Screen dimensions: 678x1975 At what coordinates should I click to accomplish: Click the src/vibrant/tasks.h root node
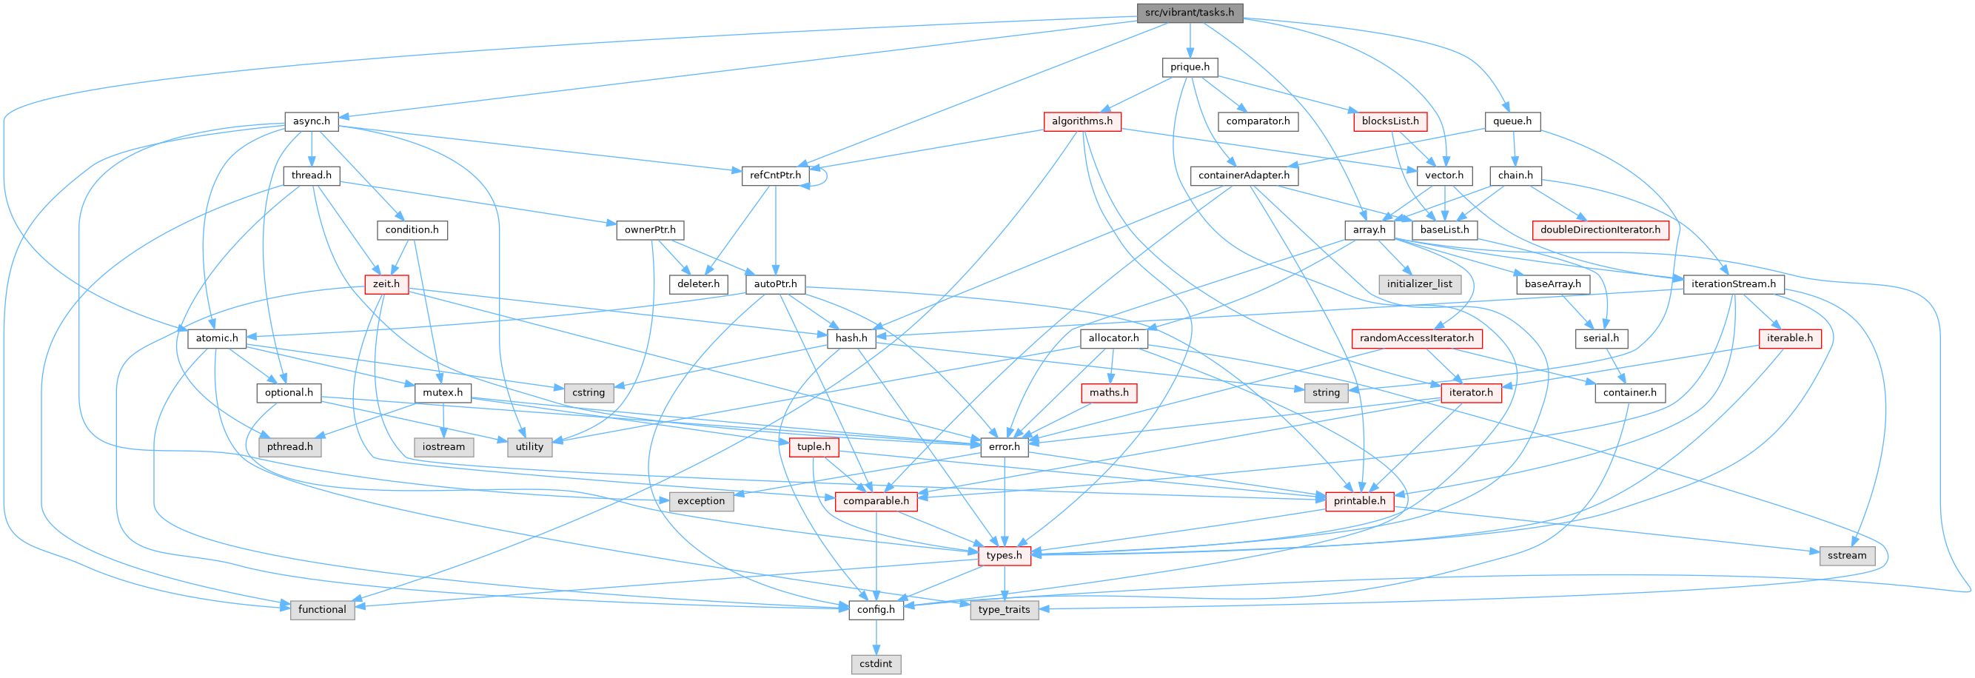coord(1189,13)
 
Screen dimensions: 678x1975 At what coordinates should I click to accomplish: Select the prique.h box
coord(1189,67)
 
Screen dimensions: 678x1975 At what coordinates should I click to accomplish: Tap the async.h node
coord(311,121)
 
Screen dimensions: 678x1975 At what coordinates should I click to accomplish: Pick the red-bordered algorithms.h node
coord(1082,121)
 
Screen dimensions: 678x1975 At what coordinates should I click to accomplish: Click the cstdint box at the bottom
coord(876,663)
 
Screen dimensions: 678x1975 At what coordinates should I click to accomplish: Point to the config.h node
coord(876,609)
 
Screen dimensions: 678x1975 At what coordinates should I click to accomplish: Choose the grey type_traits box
coord(1004,609)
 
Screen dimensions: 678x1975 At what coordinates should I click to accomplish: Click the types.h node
coord(1004,555)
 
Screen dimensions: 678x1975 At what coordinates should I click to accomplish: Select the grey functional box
coord(322,609)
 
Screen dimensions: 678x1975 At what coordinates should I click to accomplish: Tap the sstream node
coord(1846,555)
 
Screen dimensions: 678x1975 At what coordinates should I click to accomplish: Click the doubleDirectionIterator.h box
coord(1600,229)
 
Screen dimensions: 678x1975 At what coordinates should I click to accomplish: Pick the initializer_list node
coord(1419,283)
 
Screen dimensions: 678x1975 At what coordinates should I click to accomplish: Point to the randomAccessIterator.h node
coord(1416,338)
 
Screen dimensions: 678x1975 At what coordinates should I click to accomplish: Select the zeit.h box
coord(386,283)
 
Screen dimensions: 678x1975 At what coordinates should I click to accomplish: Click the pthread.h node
coord(290,446)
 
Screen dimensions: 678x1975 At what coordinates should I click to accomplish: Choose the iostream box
coord(443,446)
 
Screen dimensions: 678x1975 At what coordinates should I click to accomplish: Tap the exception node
coord(701,501)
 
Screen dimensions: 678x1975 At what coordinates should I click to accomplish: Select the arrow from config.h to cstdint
coord(876,637)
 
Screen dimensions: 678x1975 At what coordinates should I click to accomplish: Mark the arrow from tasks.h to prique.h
coord(1189,40)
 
